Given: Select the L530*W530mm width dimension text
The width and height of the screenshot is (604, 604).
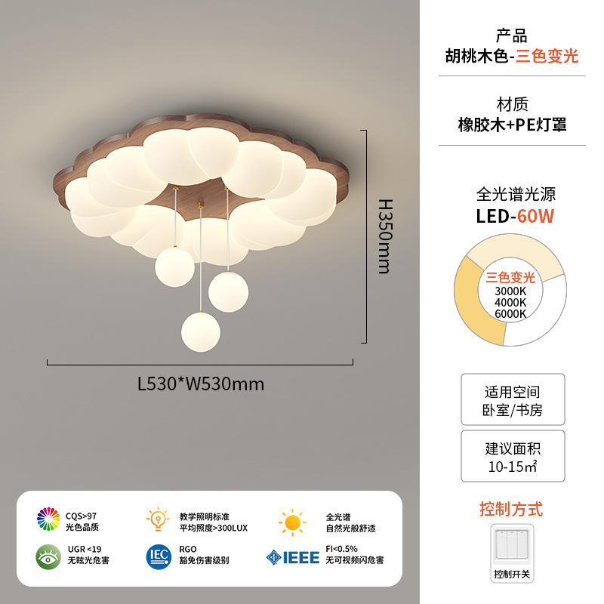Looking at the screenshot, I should [x=201, y=384].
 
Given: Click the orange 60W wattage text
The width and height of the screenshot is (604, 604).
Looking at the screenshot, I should [x=536, y=216].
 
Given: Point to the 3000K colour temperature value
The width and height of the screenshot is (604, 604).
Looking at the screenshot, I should [x=510, y=291].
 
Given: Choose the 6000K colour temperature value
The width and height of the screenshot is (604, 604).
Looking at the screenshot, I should [x=510, y=313].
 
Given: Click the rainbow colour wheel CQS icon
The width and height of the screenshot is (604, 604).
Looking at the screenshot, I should [x=48, y=519].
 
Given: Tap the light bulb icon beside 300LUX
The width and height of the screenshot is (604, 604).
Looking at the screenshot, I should [x=158, y=519].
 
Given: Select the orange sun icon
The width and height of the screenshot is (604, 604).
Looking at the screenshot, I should [x=291, y=522].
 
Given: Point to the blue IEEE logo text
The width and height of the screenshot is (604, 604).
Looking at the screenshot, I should [x=300, y=557].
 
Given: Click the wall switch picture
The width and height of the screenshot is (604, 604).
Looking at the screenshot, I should [x=512, y=547].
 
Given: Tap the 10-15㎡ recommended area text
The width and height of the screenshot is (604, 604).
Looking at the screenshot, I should [x=513, y=467].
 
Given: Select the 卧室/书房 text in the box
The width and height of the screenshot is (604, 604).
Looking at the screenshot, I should [x=513, y=411].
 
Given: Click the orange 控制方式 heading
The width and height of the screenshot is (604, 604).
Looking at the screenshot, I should [x=511, y=509].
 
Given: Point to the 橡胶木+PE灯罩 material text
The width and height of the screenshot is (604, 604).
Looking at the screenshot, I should [x=512, y=125].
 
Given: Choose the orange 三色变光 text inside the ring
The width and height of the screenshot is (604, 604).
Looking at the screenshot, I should [x=510, y=277].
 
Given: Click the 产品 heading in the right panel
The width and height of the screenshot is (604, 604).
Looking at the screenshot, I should [x=512, y=35].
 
